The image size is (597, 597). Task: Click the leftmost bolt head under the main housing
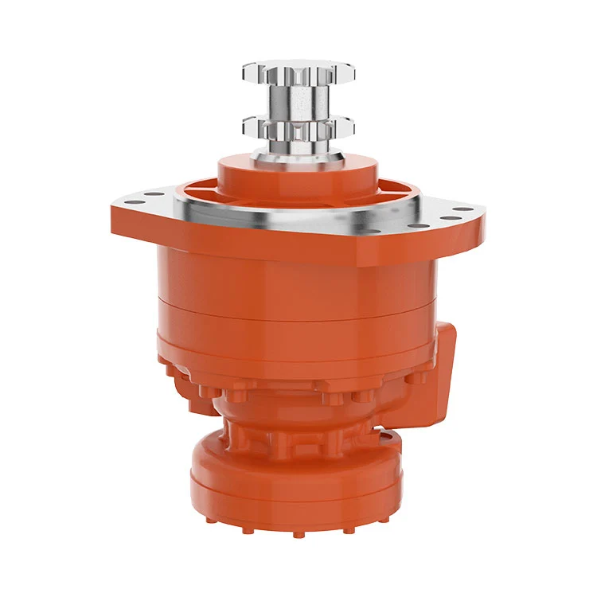169,368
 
